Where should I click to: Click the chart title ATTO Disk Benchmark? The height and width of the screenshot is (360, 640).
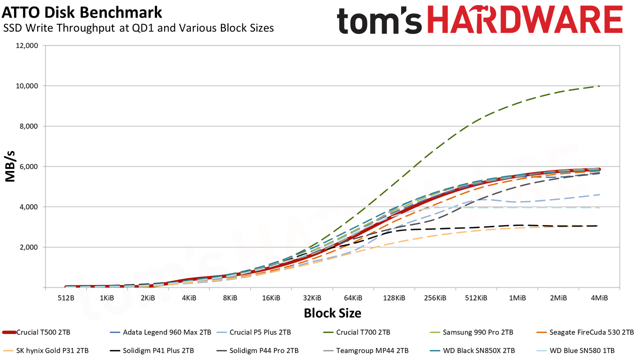coord(81,12)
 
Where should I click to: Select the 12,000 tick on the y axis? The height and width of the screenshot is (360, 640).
coord(26,45)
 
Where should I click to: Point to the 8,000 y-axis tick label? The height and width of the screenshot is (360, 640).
coord(28,126)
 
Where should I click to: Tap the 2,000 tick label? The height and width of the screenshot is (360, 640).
coord(28,247)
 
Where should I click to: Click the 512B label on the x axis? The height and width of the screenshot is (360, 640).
coord(65,298)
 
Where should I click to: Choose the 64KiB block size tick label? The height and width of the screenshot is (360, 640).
coord(353,298)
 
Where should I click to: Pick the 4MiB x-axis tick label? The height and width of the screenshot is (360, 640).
coord(599,298)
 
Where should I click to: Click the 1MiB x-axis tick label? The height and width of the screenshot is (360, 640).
coord(517,298)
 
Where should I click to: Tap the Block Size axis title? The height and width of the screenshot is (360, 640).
coord(332,313)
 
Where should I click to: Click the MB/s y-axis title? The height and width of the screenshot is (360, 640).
coord(10,166)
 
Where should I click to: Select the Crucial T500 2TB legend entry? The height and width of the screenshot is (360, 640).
coord(36,332)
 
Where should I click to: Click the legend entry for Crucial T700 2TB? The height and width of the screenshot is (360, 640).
coord(357,332)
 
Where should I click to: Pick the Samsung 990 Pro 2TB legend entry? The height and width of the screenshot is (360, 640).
coord(471,332)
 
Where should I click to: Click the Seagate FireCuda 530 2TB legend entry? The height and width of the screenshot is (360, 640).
coord(585,332)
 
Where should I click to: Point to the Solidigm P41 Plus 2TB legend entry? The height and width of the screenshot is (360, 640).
coord(151,350)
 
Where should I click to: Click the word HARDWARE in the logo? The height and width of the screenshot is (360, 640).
coord(524,20)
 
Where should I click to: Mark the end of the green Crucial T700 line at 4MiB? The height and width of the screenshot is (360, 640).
coord(599,86)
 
